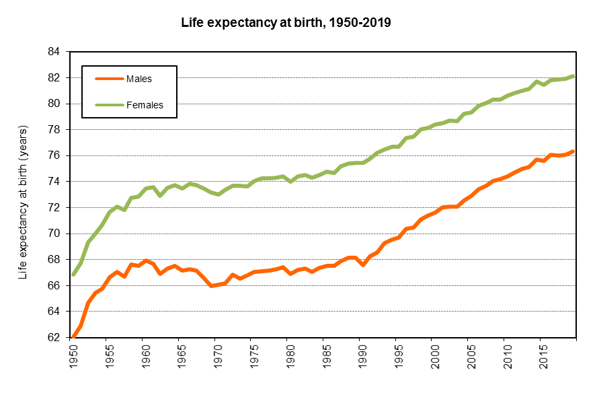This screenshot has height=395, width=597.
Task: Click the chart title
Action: tap(286, 22)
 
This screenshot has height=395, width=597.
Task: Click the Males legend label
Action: tap(139, 79)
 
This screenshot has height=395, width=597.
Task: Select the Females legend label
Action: tap(145, 105)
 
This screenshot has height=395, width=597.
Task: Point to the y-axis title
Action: tap(23, 202)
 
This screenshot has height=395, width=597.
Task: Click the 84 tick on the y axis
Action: tap(54, 52)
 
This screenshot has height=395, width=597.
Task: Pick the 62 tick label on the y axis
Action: tap(54, 338)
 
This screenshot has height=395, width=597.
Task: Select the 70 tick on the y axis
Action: tap(54, 234)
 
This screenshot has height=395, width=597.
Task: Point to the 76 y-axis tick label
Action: tap(54, 155)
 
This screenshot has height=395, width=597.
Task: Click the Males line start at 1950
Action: tap(73, 336)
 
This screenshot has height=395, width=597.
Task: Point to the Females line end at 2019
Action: tap(573, 76)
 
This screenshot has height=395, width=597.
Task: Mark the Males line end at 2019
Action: tap(573, 151)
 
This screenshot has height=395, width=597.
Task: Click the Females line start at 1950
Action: tap(73, 275)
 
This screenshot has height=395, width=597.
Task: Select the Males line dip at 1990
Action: tap(363, 264)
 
